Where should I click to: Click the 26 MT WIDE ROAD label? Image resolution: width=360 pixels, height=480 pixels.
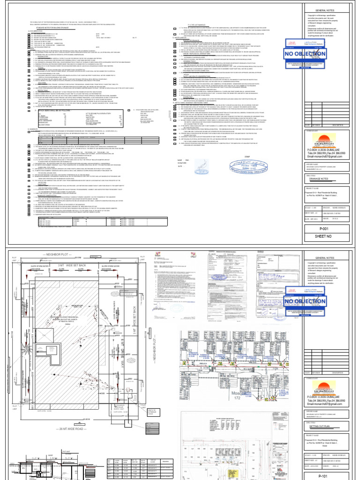[77, 428]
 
